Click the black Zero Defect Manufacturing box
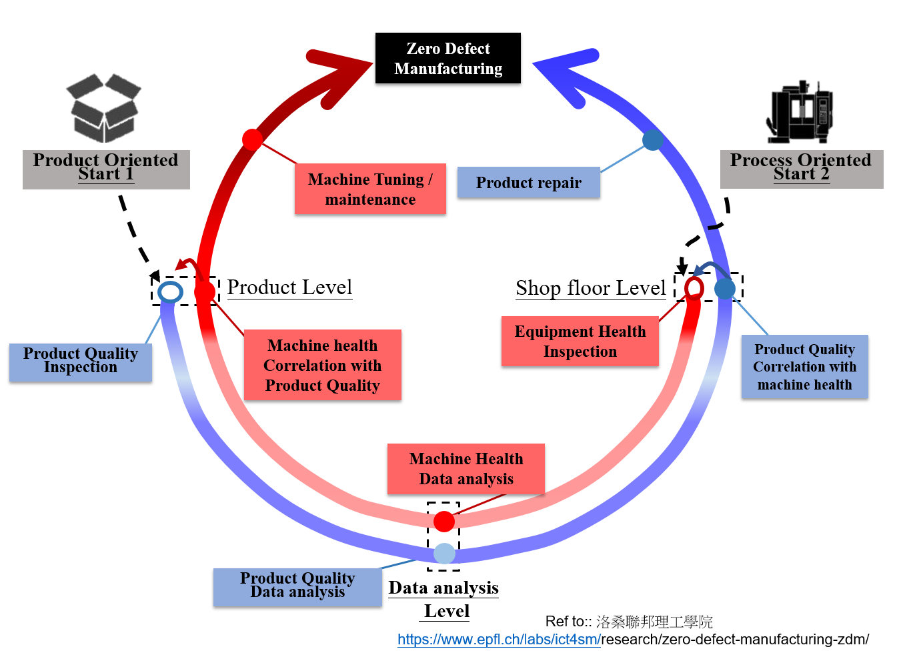pyautogui.click(x=447, y=59)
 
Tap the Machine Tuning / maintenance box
pyautogui.click(x=370, y=189)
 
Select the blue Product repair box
pyautogui.click(x=528, y=183)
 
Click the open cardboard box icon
pyautogui.click(x=104, y=107)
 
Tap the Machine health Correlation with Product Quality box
pyautogui.click(x=322, y=365)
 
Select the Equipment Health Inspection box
pyautogui.click(x=580, y=342)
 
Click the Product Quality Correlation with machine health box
pyautogui.click(x=804, y=367)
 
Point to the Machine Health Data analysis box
pyautogui.click(x=466, y=469)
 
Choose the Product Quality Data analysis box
pyautogui.click(x=297, y=586)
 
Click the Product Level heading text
pyautogui.click(x=289, y=287)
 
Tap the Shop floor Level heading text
pyautogui.click(x=590, y=288)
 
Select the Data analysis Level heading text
pyautogui.click(x=445, y=599)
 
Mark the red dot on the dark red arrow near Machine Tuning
pyautogui.click(x=252, y=139)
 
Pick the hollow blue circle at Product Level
pyautogui.click(x=170, y=292)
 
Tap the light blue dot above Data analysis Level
pyautogui.click(x=444, y=553)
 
